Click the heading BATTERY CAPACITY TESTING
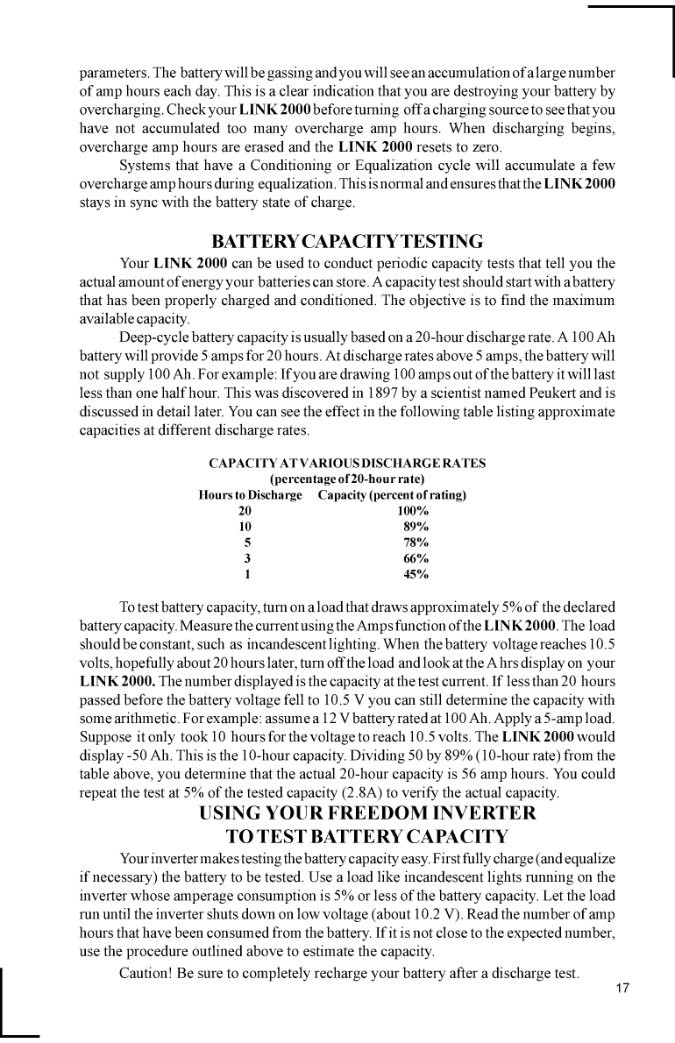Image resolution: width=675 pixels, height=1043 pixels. (x=347, y=241)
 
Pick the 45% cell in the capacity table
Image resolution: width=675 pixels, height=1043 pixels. (x=416, y=575)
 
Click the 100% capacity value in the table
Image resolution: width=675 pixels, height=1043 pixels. (x=413, y=511)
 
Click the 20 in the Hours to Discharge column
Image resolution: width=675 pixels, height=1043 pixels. (x=245, y=511)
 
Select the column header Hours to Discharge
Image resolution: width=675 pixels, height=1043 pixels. (x=251, y=495)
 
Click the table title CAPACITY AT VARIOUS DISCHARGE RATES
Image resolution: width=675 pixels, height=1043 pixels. (x=347, y=463)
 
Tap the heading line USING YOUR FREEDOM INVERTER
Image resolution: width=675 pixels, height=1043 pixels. (x=367, y=812)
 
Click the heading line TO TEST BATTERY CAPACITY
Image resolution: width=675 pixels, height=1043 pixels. (x=367, y=834)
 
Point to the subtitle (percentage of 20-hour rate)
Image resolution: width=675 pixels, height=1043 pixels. (x=347, y=479)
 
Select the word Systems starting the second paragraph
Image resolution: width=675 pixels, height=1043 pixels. (x=146, y=167)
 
